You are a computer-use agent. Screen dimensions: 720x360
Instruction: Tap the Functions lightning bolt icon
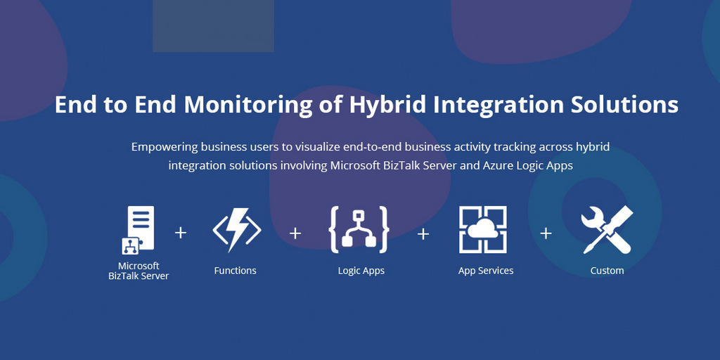[237, 230]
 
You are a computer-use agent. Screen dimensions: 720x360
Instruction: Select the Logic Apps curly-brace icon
[359, 230]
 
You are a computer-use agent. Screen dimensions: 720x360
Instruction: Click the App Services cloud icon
[482, 229]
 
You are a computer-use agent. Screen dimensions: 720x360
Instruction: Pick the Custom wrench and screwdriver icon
[607, 230]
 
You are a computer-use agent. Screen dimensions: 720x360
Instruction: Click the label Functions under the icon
[235, 271]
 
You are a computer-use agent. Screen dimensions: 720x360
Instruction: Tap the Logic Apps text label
[361, 271]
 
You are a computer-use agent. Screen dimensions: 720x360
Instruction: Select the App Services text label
[486, 271]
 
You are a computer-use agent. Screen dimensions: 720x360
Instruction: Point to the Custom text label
[607, 271]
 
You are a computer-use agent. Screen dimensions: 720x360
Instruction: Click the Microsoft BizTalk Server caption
[139, 271]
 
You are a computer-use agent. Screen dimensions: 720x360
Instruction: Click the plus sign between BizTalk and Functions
[181, 233]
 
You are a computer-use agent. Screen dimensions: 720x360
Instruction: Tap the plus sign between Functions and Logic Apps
[295, 233]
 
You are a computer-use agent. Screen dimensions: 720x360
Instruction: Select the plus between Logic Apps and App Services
[423, 233]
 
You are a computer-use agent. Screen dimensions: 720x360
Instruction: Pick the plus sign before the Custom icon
[546, 233]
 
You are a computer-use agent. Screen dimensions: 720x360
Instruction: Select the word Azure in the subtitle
[496, 165]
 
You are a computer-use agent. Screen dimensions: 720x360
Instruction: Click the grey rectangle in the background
[213, 26]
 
